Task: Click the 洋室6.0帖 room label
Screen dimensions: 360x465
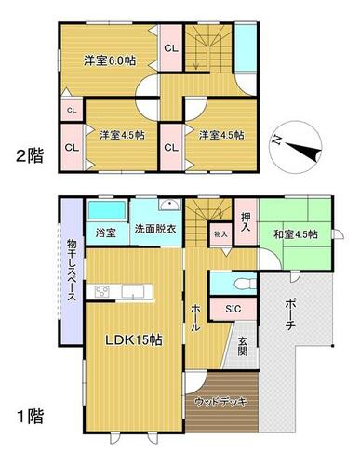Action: [110, 60]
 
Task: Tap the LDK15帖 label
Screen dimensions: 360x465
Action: [134, 340]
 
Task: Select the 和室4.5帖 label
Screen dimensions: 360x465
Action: [296, 234]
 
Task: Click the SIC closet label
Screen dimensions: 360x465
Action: [233, 309]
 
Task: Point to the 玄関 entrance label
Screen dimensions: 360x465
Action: [243, 346]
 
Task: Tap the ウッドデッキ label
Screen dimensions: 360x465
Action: [220, 402]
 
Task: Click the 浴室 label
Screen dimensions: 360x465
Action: [105, 232]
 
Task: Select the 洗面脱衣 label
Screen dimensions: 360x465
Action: [155, 229]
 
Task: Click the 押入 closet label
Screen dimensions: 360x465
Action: [246, 222]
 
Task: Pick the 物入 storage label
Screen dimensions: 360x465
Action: [220, 234]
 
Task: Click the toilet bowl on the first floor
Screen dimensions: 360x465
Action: [245, 284]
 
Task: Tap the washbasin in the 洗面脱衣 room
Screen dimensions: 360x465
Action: [169, 205]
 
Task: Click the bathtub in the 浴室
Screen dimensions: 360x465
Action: [107, 210]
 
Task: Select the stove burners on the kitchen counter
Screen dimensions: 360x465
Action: [102, 291]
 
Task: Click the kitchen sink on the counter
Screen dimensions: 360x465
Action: [133, 291]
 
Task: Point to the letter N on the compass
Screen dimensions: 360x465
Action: [275, 140]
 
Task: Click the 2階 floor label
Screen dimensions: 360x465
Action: [30, 156]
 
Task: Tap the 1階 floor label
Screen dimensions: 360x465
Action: [31, 416]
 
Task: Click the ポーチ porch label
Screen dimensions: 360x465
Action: [291, 314]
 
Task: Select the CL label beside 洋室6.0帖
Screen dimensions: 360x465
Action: [171, 48]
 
